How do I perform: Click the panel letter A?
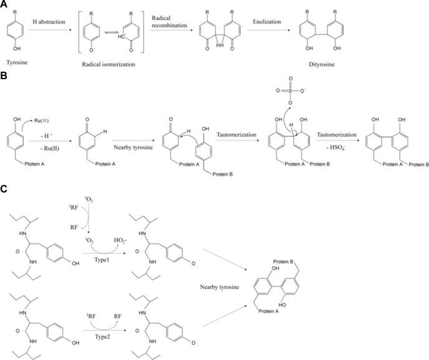pos(5,4)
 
